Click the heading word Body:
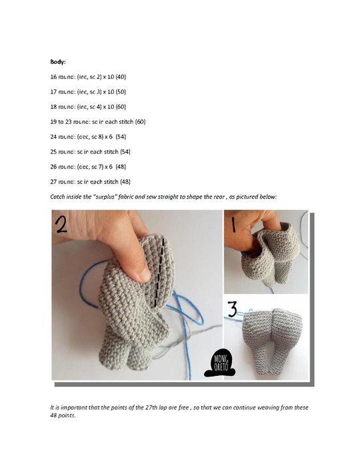coord(58,61)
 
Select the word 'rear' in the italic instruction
coord(239,197)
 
